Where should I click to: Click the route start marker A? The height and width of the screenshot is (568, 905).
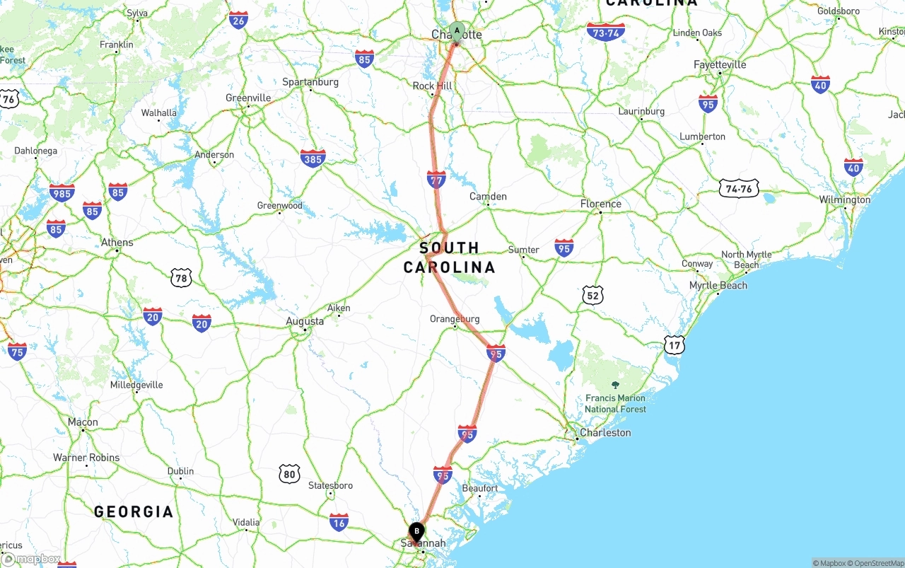point(457,31)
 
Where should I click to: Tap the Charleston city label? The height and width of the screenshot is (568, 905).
point(605,432)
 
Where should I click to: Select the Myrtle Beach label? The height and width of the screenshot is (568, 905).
point(718,286)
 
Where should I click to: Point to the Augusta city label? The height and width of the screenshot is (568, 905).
point(305,321)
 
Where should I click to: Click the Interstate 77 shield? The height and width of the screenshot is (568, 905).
point(436,180)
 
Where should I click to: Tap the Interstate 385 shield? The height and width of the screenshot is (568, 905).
point(313,158)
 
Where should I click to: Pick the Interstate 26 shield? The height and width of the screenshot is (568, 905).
point(238,20)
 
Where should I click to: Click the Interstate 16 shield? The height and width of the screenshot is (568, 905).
point(339,522)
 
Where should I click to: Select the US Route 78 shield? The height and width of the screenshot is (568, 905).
point(181,278)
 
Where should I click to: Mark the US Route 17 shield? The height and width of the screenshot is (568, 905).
point(675,345)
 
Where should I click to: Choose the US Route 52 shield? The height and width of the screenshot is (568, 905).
point(592,296)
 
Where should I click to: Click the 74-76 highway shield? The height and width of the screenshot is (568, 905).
point(739,187)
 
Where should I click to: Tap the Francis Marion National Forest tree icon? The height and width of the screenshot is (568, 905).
point(615,385)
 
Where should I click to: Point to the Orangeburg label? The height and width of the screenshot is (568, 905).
point(455,319)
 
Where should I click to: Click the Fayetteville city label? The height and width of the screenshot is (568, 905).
point(720,64)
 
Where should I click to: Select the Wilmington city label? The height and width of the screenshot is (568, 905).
point(845,200)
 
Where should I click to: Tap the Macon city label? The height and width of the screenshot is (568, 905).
point(83,422)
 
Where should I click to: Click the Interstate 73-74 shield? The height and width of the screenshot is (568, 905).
point(605,32)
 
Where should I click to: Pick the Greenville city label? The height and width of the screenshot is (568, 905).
point(248,98)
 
